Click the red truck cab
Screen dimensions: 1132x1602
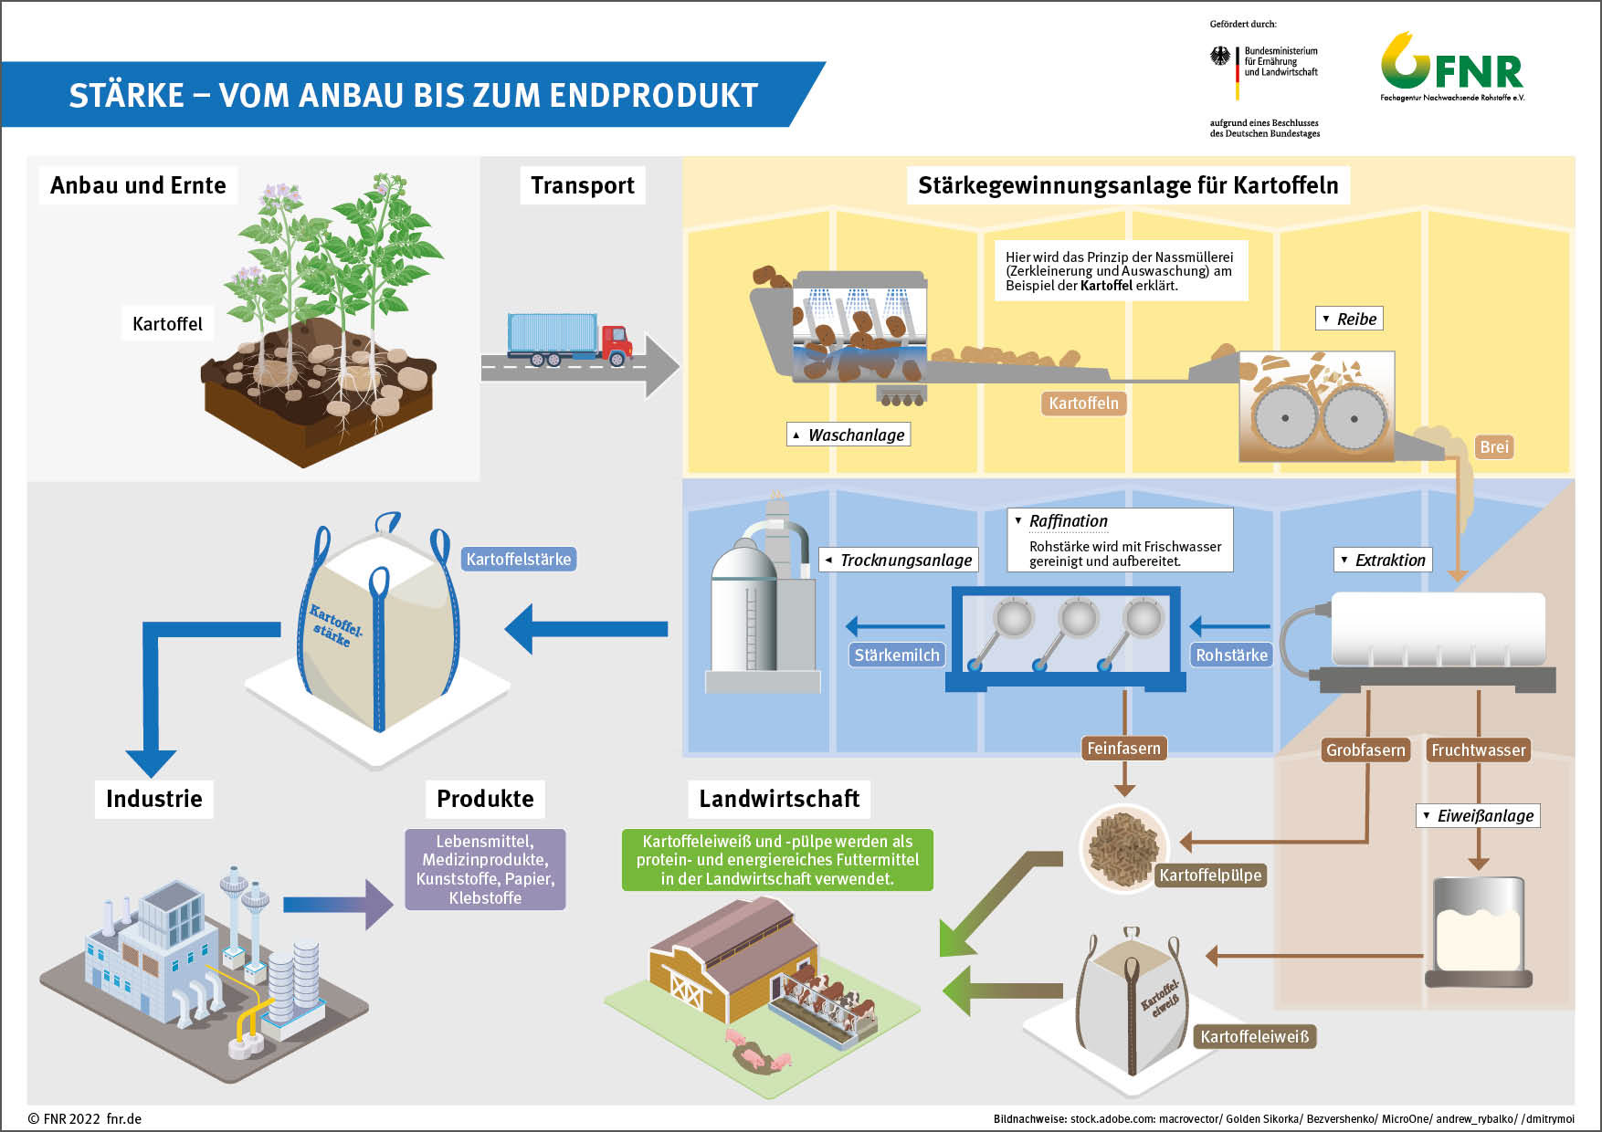coord(617,342)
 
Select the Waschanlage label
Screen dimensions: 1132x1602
coord(848,435)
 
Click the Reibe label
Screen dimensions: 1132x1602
coord(1350,319)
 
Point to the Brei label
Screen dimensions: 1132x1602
coord(1494,446)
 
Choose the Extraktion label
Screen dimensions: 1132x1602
coord(1383,560)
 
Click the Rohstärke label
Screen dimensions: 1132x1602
coord(1231,655)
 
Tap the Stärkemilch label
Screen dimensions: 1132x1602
coord(896,655)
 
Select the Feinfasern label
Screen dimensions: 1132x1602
coord(1123,749)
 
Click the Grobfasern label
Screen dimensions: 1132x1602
coord(1365,750)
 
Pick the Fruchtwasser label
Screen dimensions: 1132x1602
coord(1478,750)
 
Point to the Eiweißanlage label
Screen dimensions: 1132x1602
coord(1479,815)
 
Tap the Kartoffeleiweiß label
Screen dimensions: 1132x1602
coord(1254,1036)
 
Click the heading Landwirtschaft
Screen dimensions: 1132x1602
coord(779,799)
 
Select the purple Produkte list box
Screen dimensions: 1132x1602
coord(485,869)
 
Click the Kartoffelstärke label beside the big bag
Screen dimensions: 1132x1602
coord(518,559)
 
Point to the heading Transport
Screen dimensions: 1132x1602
coord(583,185)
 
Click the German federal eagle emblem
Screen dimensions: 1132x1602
coord(1220,57)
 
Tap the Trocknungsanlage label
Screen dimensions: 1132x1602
coord(899,560)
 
